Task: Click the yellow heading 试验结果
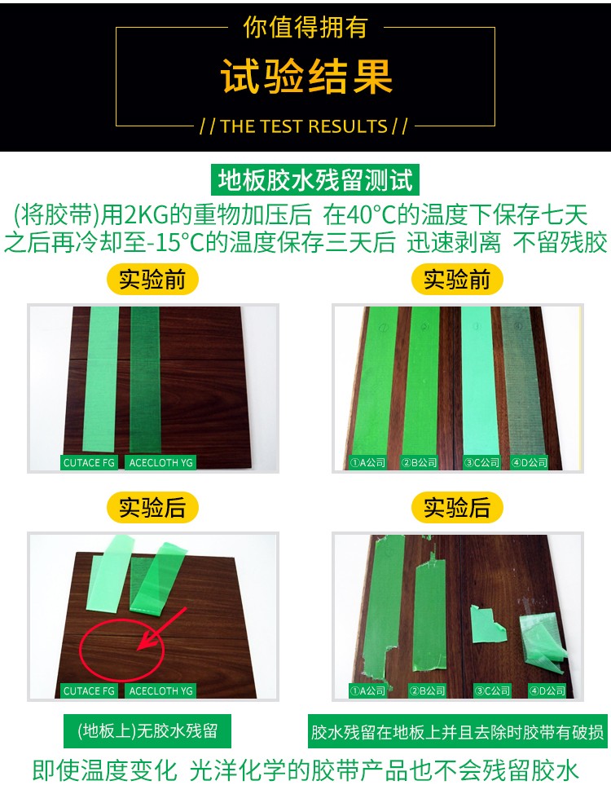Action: point(306,77)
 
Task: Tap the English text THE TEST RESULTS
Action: point(304,126)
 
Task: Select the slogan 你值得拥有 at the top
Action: point(305,27)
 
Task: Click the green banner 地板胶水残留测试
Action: point(314,180)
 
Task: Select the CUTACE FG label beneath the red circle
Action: point(89,690)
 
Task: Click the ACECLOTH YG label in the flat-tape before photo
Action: point(161,462)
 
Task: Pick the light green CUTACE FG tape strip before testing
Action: point(101,379)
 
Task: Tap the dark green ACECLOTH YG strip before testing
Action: point(145,380)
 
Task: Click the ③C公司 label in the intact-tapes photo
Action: point(482,462)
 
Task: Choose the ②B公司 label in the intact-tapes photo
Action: point(419,462)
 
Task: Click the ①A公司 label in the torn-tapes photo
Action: point(368,690)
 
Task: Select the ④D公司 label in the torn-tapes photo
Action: point(547,690)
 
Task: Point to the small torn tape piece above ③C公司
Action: point(487,625)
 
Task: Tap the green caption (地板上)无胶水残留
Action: point(147,730)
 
